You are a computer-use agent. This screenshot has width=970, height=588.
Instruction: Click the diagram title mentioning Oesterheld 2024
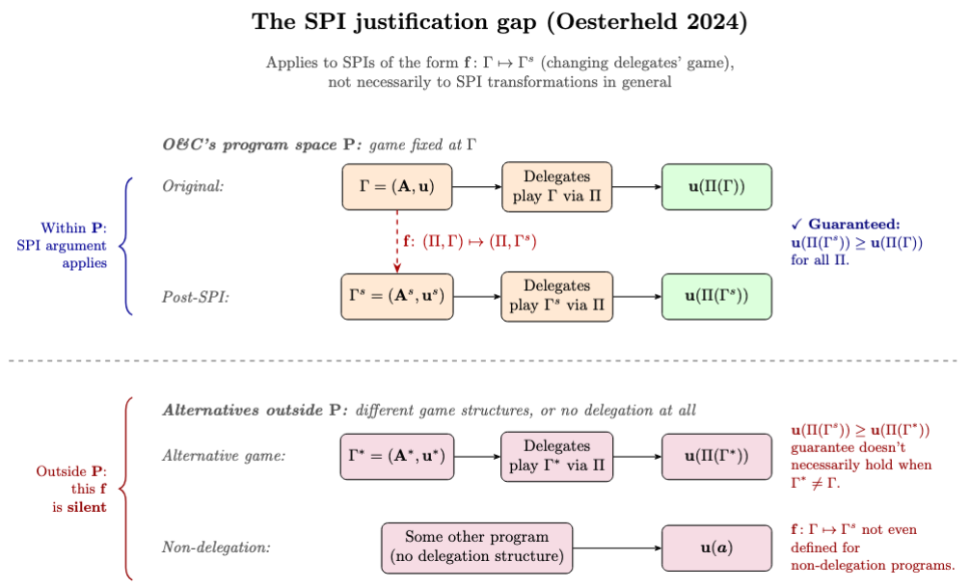tap(484, 22)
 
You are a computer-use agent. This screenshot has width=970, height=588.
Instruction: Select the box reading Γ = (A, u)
tap(396, 187)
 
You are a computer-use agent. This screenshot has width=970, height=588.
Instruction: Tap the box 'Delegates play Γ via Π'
tap(556, 187)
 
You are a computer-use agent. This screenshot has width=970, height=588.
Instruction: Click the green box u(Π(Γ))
tap(716, 187)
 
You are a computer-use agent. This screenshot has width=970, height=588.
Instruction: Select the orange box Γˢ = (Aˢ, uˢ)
tap(396, 296)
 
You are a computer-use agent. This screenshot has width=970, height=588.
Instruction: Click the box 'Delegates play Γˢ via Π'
tap(556, 296)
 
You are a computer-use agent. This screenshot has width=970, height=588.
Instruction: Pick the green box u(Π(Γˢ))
tap(716, 296)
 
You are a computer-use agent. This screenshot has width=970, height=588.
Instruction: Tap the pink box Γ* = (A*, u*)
tap(396, 456)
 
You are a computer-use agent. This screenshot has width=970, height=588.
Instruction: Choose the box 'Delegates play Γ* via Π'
tap(556, 456)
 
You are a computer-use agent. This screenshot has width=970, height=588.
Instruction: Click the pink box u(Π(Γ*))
tap(716, 456)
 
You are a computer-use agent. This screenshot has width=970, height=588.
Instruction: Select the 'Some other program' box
tap(476, 548)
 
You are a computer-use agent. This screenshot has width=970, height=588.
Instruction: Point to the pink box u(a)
tap(716, 548)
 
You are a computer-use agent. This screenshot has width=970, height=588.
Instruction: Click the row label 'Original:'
tap(192, 187)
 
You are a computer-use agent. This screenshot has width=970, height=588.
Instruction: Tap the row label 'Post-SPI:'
tap(195, 297)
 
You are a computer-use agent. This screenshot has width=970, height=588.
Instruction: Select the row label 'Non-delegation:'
tap(216, 548)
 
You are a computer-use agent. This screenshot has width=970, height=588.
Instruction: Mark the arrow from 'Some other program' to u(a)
tap(617, 548)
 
